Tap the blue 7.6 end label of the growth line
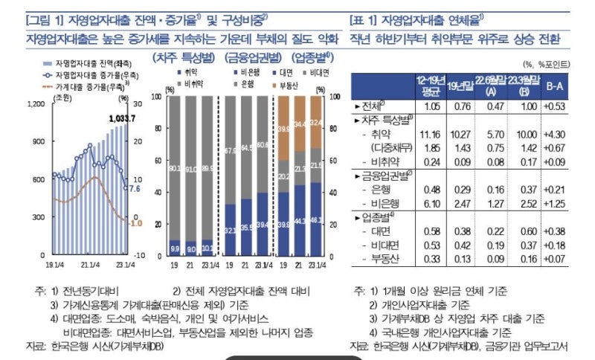pyautogui.click(x=135, y=189)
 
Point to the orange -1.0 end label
pyautogui.click(x=135, y=222)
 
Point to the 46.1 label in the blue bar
pyautogui.click(x=316, y=221)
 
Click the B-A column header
pyautogui.click(x=554, y=86)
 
